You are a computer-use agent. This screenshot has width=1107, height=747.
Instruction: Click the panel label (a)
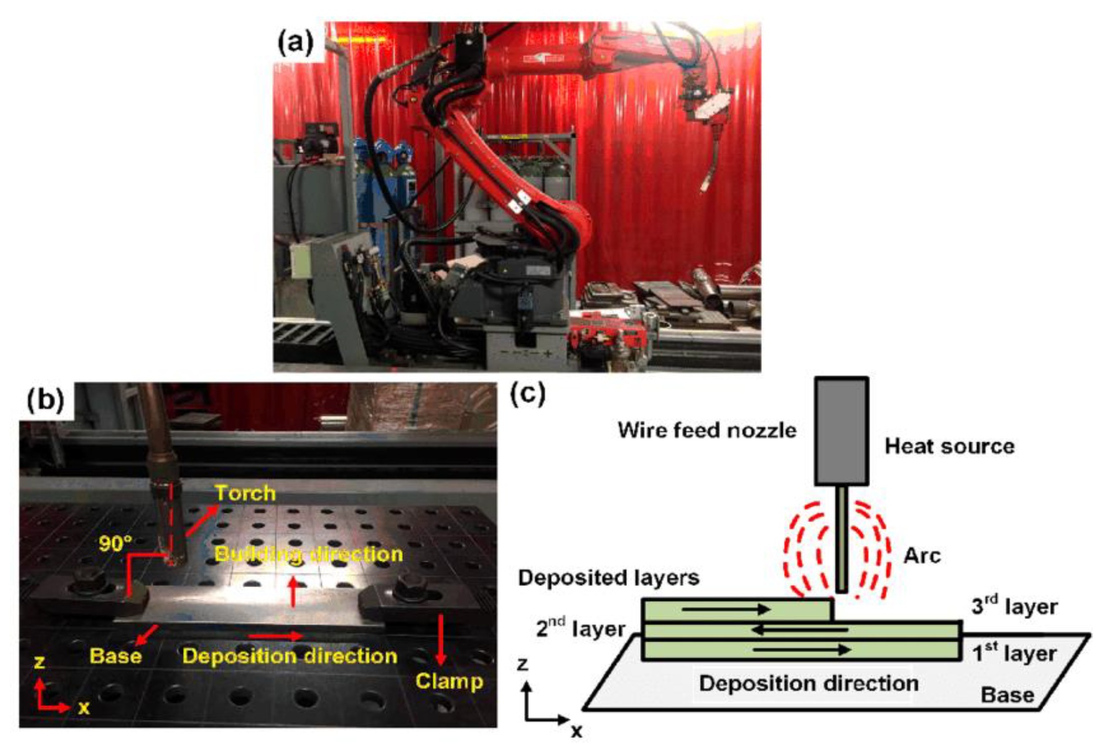coord(296,43)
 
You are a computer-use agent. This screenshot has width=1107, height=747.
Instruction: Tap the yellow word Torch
coord(245,493)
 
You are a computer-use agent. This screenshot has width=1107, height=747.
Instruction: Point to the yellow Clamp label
coord(449,681)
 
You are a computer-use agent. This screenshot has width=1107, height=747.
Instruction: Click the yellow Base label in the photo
coord(116,655)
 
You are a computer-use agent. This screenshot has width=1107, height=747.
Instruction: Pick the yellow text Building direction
coord(308,554)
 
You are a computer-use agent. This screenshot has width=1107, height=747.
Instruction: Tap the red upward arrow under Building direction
coord(293,592)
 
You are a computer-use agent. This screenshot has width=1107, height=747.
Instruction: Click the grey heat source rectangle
coord(841,431)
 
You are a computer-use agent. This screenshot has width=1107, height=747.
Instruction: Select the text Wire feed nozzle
coord(707,430)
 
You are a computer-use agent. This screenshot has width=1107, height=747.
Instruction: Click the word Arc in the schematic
coord(922,555)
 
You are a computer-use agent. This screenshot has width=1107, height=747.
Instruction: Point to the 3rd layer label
coord(1014,606)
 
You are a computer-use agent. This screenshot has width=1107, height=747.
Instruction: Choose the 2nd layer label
coord(580,628)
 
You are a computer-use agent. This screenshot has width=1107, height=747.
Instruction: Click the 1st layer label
coord(1014,652)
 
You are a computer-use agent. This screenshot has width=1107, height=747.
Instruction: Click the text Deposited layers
coord(608,578)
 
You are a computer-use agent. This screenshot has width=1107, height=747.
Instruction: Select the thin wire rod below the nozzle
coord(841,539)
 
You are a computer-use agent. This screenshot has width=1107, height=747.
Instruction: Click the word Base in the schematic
coord(1007,695)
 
